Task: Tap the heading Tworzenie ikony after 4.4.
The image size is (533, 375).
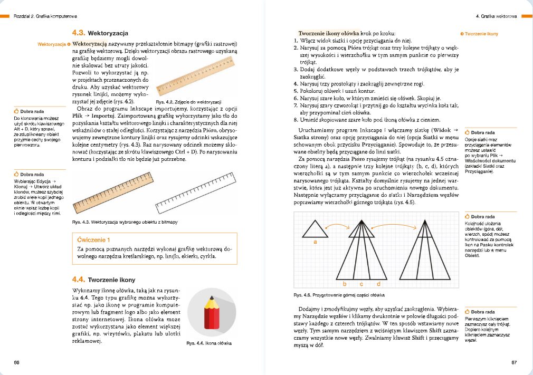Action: pyautogui.click(x=111, y=280)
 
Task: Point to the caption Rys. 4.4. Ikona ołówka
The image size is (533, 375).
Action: pyautogui.click(x=209, y=343)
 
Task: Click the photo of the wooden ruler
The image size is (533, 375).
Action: pyautogui.click(x=196, y=74)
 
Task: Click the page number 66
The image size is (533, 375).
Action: pyautogui.click(x=17, y=361)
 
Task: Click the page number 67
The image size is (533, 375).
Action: pyautogui.click(x=515, y=361)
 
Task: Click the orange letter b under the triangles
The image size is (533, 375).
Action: pyautogui.click(x=344, y=284)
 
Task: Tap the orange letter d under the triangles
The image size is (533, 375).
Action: pyautogui.click(x=378, y=284)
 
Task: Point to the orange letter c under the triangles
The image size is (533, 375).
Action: pyautogui.click(x=361, y=284)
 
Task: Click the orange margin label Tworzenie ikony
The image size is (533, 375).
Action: pyautogui.click(x=481, y=34)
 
